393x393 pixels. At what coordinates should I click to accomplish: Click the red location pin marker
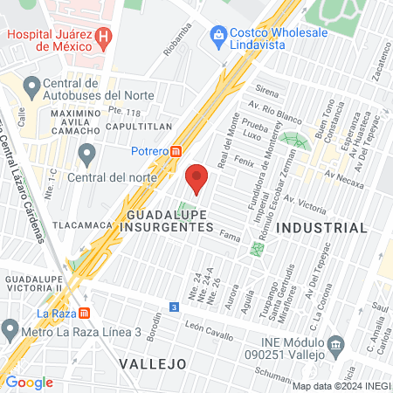click(x=197, y=177)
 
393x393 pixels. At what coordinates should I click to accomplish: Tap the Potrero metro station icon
click(x=177, y=150)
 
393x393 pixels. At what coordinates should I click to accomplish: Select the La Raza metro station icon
click(x=85, y=312)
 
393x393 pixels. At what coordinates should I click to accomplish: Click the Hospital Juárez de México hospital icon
click(x=104, y=36)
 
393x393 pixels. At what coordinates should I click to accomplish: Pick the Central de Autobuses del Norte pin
click(x=31, y=87)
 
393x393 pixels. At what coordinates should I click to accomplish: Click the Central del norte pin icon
click(x=86, y=155)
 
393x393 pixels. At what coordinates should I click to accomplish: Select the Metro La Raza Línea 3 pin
click(x=10, y=331)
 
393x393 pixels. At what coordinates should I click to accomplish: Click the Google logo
click(x=29, y=382)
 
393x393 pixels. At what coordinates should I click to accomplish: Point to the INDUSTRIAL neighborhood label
click(x=321, y=227)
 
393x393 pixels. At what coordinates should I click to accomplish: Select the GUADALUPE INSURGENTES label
click(x=169, y=219)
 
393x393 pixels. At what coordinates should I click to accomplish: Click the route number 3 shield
click(x=174, y=307)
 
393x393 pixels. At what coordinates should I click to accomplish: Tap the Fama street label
click(x=230, y=236)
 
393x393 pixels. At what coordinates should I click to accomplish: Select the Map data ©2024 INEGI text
click(x=341, y=385)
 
